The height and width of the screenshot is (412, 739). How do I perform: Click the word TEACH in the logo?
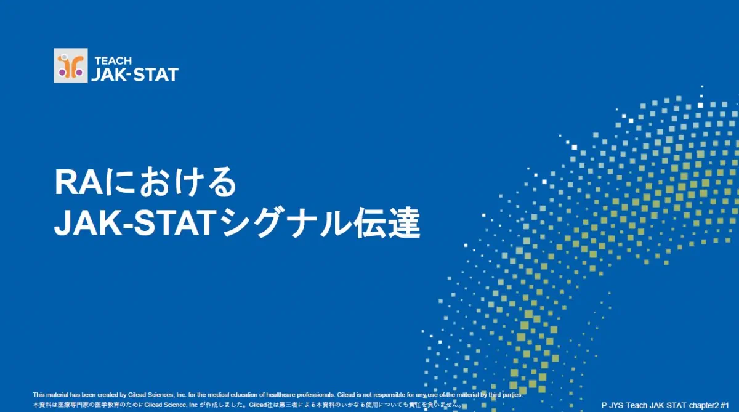click(113, 61)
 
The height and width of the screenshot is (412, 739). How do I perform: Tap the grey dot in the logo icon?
click(64, 57)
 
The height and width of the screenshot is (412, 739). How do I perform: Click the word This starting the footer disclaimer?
click(38, 395)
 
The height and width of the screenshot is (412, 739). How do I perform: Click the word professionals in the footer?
click(316, 395)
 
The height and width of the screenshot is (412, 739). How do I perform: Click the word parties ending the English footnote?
click(513, 395)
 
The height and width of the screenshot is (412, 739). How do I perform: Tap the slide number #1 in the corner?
click(724, 405)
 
